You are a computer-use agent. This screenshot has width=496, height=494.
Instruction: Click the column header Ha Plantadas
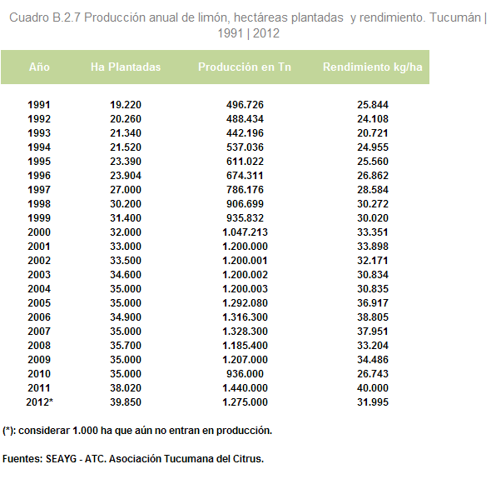click(x=126, y=67)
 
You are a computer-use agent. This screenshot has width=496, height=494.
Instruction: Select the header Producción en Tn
click(x=245, y=67)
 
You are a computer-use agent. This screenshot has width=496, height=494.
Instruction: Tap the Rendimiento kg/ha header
click(x=373, y=67)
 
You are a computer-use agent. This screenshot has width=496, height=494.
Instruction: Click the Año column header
click(x=39, y=67)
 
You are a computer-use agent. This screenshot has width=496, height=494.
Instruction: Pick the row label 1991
click(x=39, y=105)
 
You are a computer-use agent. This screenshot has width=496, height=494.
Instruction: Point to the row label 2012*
click(x=40, y=402)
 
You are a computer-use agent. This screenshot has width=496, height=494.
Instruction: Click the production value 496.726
click(x=245, y=105)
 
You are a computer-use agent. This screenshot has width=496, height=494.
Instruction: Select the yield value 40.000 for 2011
click(x=373, y=388)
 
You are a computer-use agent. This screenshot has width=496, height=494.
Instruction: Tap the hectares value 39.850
click(x=126, y=402)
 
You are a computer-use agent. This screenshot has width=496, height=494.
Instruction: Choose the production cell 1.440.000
click(x=245, y=388)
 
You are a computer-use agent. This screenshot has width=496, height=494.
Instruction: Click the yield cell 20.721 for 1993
click(x=373, y=133)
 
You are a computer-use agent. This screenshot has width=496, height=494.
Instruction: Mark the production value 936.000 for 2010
click(x=245, y=374)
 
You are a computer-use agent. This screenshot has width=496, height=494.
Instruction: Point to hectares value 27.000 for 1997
click(x=126, y=190)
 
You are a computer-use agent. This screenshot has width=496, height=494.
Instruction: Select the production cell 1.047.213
click(x=245, y=232)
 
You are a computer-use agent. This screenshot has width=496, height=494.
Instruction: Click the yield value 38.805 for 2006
click(x=373, y=317)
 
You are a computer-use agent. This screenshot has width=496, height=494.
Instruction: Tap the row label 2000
click(x=39, y=232)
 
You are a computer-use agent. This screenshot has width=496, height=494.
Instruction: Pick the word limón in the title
click(x=213, y=17)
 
